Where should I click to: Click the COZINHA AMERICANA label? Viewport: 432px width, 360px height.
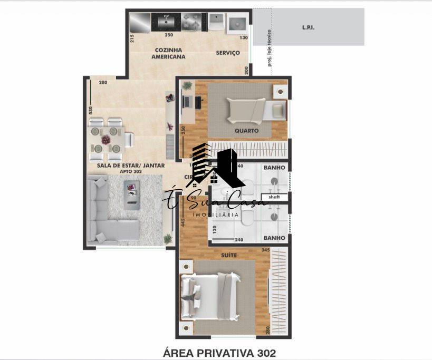(x=168, y=53)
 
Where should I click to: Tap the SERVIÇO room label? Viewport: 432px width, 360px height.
(x=228, y=53)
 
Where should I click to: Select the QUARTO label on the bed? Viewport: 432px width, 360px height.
(x=246, y=130)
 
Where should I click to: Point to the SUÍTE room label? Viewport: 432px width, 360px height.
(x=229, y=255)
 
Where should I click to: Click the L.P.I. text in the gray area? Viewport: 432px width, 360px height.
(x=308, y=28)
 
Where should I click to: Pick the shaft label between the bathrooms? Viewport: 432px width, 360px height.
(x=274, y=197)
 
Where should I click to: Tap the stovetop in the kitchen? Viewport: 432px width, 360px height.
(x=191, y=22)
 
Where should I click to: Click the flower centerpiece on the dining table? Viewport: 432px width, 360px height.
(x=105, y=140)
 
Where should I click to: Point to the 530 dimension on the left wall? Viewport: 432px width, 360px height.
(x=91, y=110)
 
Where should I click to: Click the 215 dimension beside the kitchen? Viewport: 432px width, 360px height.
(x=132, y=38)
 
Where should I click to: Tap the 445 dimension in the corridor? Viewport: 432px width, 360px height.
(x=183, y=223)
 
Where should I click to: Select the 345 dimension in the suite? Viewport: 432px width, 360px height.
(x=265, y=250)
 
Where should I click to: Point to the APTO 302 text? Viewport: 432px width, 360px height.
(x=130, y=172)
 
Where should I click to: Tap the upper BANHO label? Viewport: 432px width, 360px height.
(x=274, y=168)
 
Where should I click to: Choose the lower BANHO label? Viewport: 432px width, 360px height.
(x=274, y=238)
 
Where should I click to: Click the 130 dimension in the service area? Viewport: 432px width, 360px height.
(x=243, y=38)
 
